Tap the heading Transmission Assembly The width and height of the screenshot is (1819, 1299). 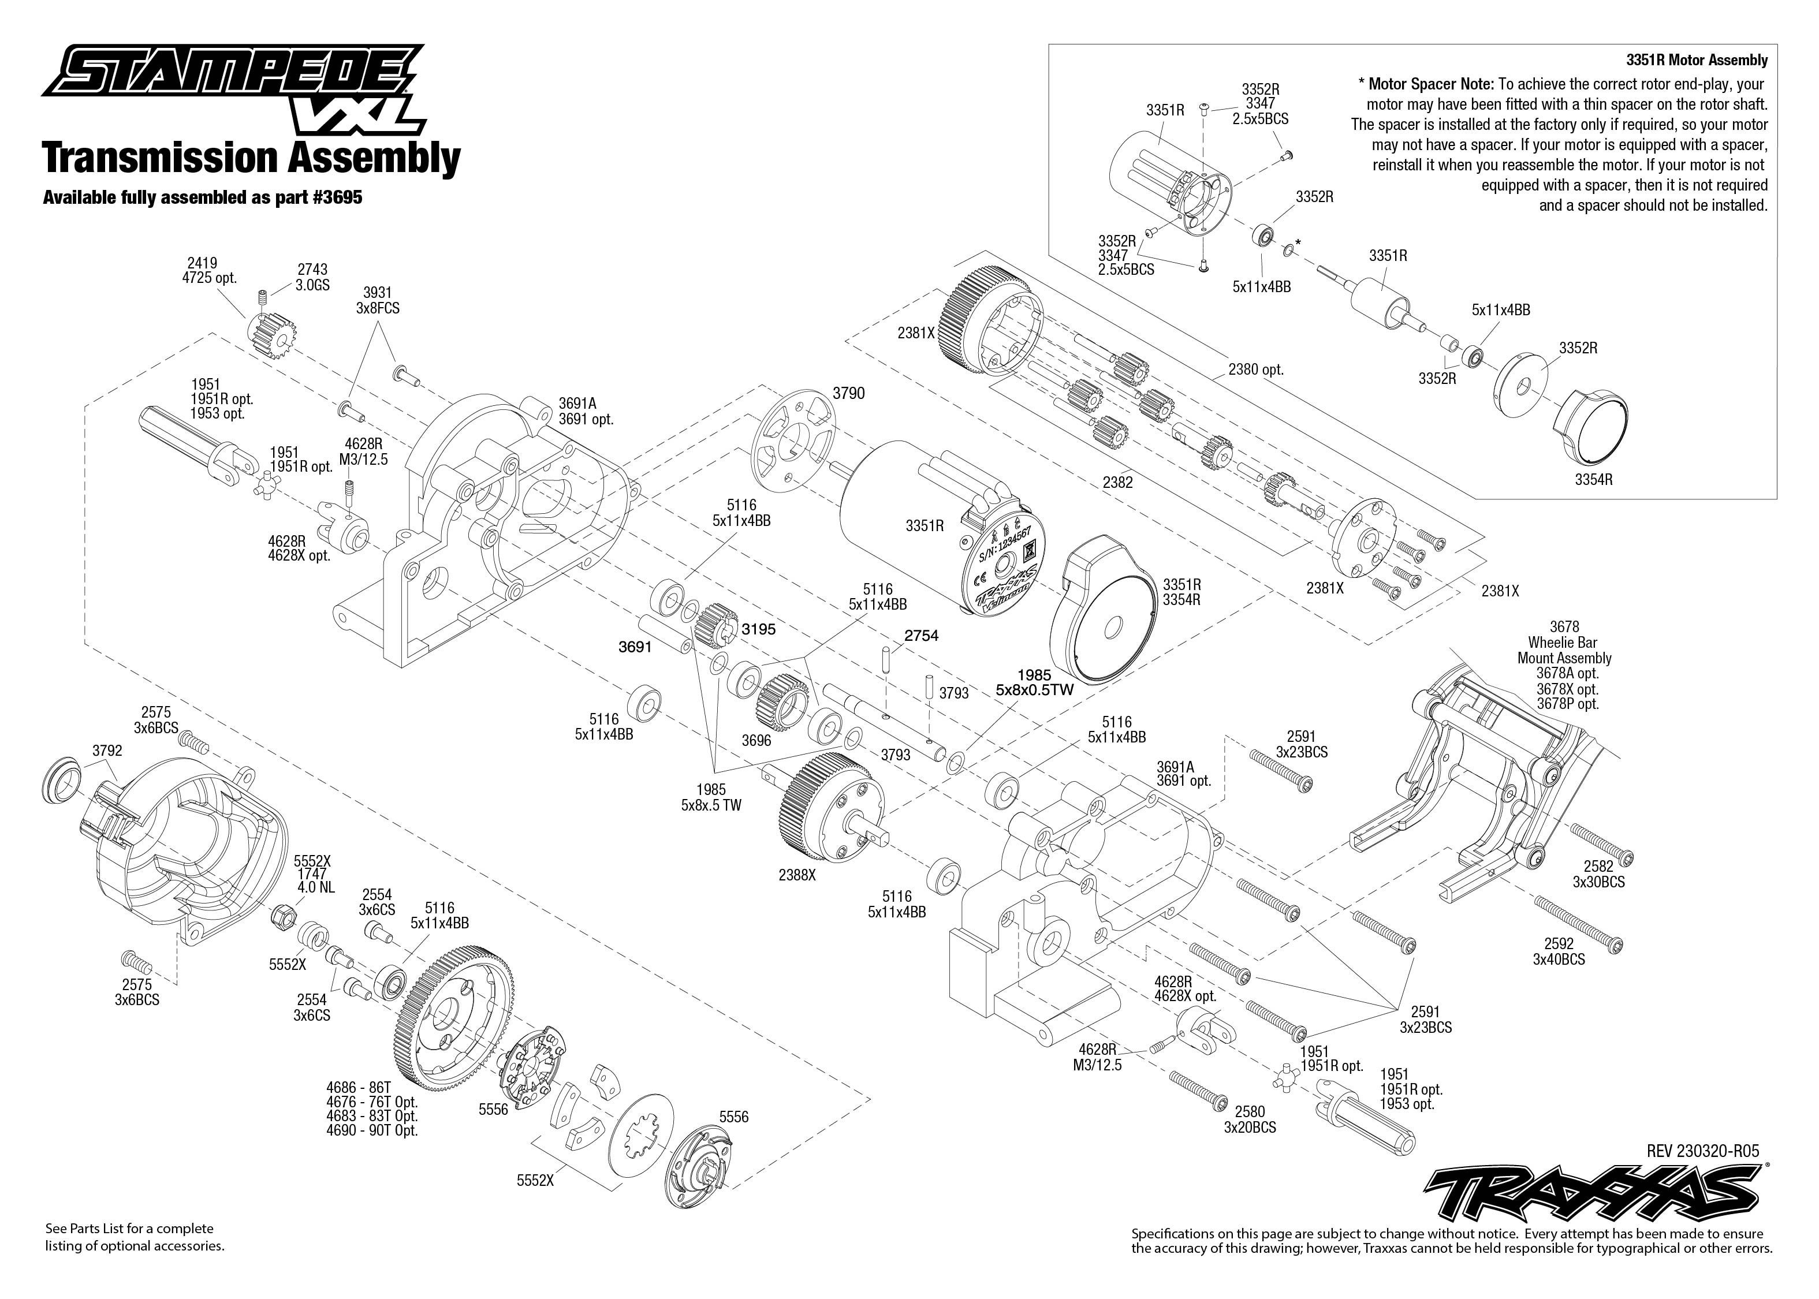coord(251,158)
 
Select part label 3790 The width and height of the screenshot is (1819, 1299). coord(848,394)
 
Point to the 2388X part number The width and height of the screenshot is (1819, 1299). coord(797,875)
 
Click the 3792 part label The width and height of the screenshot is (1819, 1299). coord(107,751)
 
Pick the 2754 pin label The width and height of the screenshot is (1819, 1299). coord(920,636)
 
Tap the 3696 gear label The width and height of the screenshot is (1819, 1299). coord(756,741)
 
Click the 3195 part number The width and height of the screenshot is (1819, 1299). coord(758,629)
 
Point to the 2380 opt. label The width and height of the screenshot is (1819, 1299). coord(1256,369)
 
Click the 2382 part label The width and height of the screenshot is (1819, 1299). coord(1117,482)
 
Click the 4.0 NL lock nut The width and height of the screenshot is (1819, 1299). coord(281,913)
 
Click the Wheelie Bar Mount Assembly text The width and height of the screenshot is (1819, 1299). coord(1564,650)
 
